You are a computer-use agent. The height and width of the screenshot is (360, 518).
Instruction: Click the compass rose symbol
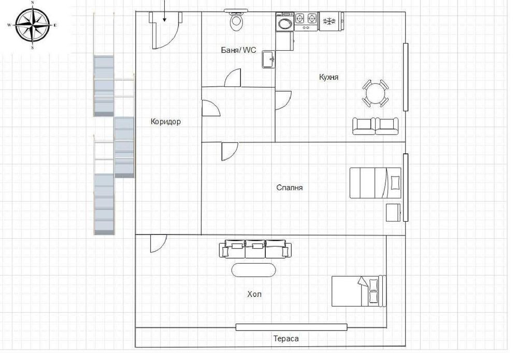pyautogui.click(x=33, y=25)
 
